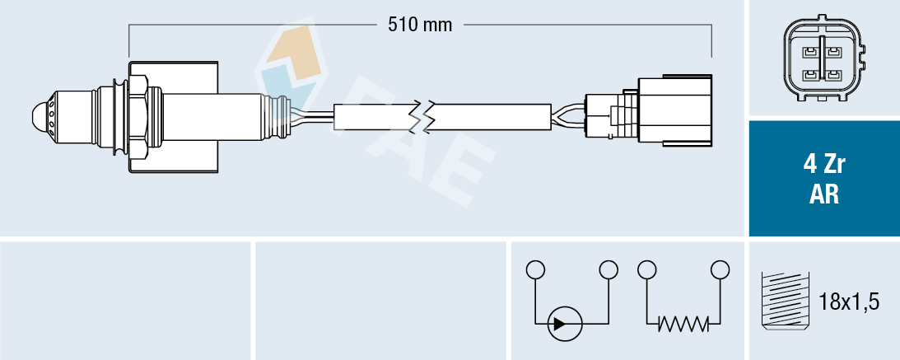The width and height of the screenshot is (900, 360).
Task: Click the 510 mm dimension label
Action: tap(420, 25)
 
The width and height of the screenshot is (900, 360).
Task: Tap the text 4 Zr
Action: tap(823, 165)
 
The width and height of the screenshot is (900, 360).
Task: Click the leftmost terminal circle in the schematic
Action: tap(535, 269)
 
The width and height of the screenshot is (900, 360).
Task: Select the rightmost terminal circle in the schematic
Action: tap(720, 269)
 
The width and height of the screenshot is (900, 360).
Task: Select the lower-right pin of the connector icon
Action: tap(834, 76)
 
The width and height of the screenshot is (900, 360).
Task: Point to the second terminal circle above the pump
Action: tap(609, 269)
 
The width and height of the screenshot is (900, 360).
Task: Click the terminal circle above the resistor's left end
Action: tap(646, 269)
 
